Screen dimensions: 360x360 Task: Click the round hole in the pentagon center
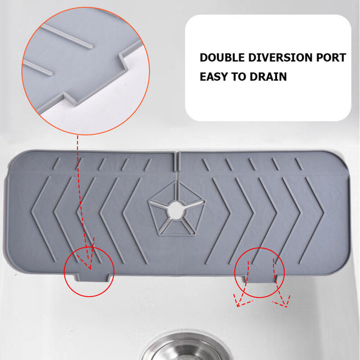pyautogui.click(x=176, y=209)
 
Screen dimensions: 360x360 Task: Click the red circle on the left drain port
pyautogui.click(x=89, y=273)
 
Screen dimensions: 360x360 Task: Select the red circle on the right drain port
pyautogui.click(x=259, y=273)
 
